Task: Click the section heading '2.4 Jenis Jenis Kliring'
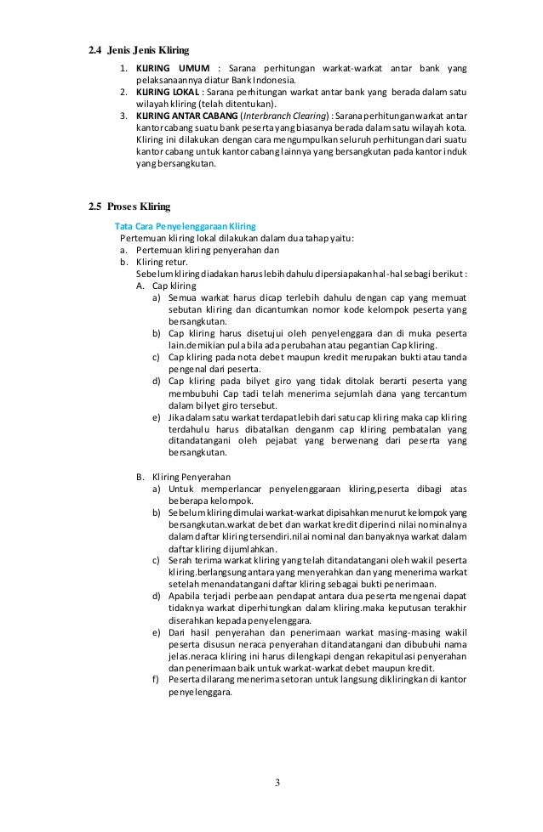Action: pyautogui.click(x=139, y=50)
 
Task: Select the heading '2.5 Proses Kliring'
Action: pyautogui.click(x=129, y=207)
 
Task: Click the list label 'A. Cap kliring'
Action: pyautogui.click(x=163, y=286)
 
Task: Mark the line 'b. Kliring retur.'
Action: pyautogui.click(x=156, y=263)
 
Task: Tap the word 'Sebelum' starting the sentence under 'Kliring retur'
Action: pyautogui.click(x=154, y=275)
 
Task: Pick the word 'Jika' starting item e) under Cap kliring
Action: pyautogui.click(x=176, y=417)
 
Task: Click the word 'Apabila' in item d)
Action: pyautogui.click(x=186, y=597)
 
